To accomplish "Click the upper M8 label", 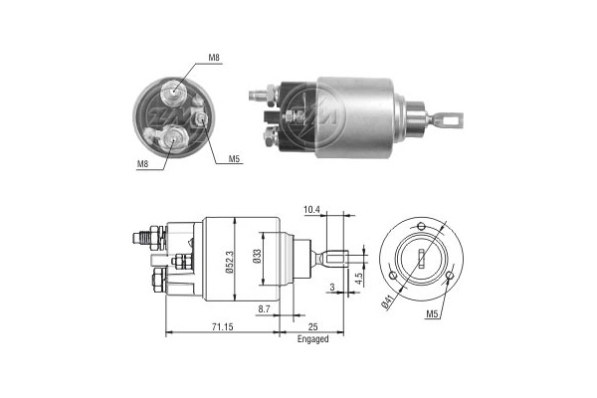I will (x=214, y=61).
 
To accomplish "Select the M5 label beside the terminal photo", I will (x=234, y=158).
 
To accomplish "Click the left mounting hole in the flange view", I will (x=395, y=275).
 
